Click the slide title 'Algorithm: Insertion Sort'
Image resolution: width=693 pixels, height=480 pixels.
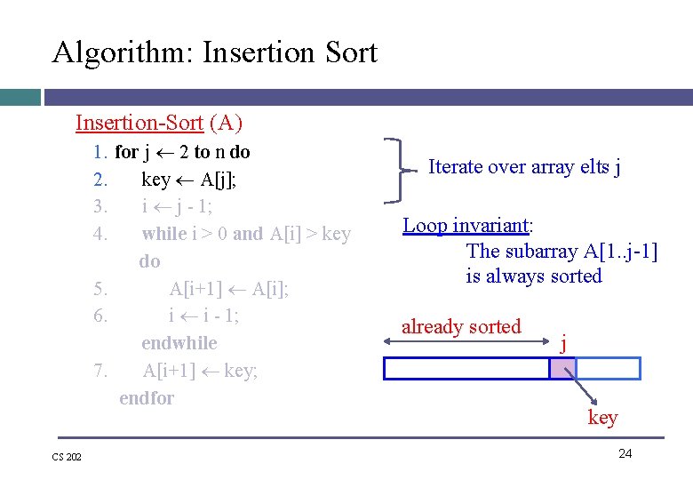pyautogui.click(x=214, y=52)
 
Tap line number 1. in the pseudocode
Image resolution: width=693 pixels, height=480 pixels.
pyautogui.click(x=100, y=152)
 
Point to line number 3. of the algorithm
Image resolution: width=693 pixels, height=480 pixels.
pyautogui.click(x=100, y=206)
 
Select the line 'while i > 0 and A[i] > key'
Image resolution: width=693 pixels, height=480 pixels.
pyautogui.click(x=246, y=234)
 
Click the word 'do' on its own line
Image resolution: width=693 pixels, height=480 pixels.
pyautogui.click(x=149, y=261)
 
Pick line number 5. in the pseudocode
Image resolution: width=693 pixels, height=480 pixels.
pyautogui.click(x=100, y=289)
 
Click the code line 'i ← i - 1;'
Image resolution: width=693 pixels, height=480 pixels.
pyautogui.click(x=203, y=316)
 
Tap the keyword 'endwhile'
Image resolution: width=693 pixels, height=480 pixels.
pyautogui.click(x=179, y=343)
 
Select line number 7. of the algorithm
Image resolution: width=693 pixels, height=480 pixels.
pyautogui.click(x=100, y=371)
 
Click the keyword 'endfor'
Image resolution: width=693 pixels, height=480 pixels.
pyautogui.click(x=147, y=398)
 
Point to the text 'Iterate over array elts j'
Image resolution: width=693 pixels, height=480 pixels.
pyautogui.click(x=524, y=166)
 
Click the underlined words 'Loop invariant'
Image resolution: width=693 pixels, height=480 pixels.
pyautogui.click(x=472, y=225)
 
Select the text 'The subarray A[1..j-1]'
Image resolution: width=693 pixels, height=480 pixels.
pyautogui.click(x=562, y=252)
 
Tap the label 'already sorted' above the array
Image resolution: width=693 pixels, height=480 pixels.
pyautogui.click(x=461, y=326)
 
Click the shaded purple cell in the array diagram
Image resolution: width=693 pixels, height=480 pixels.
pyautogui.click(x=562, y=368)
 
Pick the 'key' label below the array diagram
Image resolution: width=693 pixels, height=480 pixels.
pyautogui.click(x=602, y=418)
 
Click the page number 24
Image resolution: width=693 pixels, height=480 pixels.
pyautogui.click(x=625, y=453)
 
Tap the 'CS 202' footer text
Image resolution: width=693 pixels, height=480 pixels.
pyautogui.click(x=67, y=457)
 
